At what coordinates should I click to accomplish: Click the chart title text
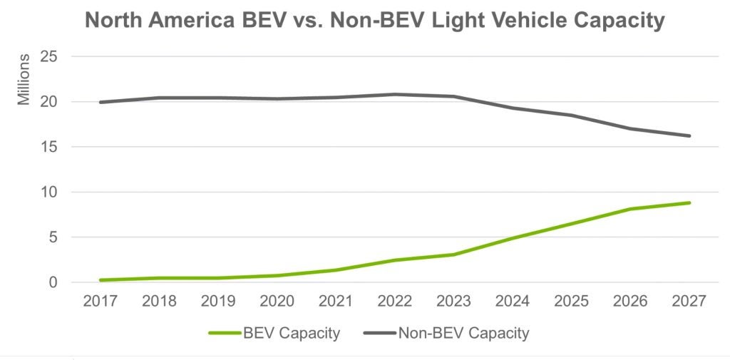tap(374, 21)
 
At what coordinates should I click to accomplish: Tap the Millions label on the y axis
tap(25, 79)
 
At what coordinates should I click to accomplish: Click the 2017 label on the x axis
tap(101, 302)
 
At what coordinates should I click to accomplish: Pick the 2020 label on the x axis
tap(277, 302)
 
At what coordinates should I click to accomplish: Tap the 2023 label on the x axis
tap(453, 302)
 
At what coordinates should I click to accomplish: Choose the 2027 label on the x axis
tap(689, 302)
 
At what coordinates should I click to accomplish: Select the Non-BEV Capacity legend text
tap(463, 332)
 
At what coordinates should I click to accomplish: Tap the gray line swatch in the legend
tap(379, 333)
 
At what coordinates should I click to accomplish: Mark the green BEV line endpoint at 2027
tap(689, 202)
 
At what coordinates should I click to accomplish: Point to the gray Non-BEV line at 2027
tap(689, 135)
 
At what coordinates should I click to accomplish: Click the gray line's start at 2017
tap(101, 102)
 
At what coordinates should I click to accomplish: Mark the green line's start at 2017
tap(101, 280)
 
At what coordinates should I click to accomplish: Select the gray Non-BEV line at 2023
tap(453, 96)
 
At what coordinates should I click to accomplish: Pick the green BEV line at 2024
tap(513, 238)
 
